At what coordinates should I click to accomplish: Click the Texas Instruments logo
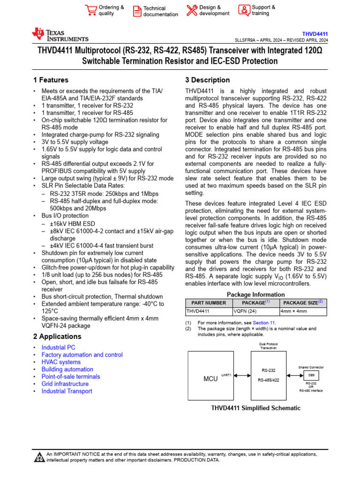point(60,35)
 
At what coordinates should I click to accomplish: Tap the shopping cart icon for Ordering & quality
point(90,10)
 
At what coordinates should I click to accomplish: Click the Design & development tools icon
point(192,10)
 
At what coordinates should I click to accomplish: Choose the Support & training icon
point(244,10)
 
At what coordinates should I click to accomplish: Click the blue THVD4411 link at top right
point(315,34)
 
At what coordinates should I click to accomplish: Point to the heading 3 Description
point(207,80)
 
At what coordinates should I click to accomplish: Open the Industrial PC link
point(58,347)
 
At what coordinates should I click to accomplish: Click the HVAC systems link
point(61,362)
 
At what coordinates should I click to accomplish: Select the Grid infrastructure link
point(65,384)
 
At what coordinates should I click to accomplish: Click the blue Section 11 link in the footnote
point(264,323)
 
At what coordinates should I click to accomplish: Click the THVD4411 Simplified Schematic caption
point(256,408)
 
